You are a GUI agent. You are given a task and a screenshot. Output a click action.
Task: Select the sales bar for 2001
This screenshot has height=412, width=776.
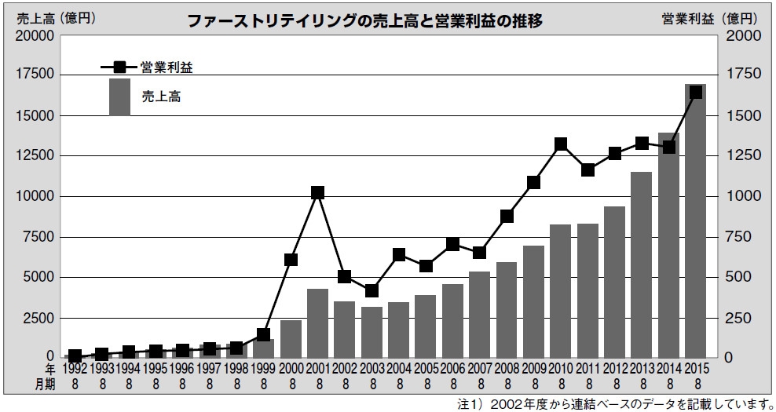pos(317,323)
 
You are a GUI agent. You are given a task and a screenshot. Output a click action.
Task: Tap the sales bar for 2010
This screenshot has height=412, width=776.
pos(561,290)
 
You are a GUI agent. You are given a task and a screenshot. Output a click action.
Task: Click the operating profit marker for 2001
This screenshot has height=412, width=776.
pos(317,192)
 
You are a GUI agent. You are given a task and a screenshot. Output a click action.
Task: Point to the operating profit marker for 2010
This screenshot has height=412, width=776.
pos(561,144)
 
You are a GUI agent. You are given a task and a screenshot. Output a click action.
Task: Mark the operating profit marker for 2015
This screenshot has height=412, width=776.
pos(695,93)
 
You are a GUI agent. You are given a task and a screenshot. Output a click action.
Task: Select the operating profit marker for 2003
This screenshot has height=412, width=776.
pos(372,290)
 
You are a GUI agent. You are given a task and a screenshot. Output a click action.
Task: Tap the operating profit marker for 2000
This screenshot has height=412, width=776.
pos(291,260)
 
